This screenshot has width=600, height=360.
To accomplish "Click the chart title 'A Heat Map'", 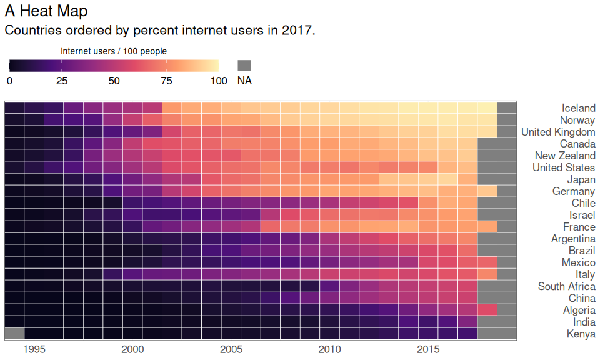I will coord(46,11).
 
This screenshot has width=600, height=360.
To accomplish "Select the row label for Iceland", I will coord(578,108).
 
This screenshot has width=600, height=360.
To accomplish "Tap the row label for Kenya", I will coord(581,334).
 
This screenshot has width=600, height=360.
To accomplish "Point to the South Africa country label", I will coord(566,286).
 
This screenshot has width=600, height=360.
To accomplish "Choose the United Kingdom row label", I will coord(558,132).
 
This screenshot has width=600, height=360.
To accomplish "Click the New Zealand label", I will coord(565,156).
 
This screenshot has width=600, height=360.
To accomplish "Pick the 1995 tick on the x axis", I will coord(34,349).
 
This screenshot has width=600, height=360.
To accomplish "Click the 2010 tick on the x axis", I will coord(329,349).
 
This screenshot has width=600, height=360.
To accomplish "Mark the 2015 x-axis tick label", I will coord(428,349).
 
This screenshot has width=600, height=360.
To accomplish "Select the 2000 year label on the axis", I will coord(132,349).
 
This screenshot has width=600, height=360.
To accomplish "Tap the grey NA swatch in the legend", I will coord(244,66).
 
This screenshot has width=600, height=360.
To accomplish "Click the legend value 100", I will coord(219,81).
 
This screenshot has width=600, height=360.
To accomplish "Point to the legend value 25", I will coord(61,81).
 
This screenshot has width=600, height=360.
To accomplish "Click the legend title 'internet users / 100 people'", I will coord(114,51).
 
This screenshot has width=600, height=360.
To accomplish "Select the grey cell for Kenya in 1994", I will coord(14,334).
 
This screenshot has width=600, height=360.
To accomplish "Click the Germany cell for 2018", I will coord(487,191).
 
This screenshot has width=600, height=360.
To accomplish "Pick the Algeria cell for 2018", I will coord(487,310).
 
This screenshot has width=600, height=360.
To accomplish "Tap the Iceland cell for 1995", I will coord(34,108).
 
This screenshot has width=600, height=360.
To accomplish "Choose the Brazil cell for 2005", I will coord(231,251).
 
